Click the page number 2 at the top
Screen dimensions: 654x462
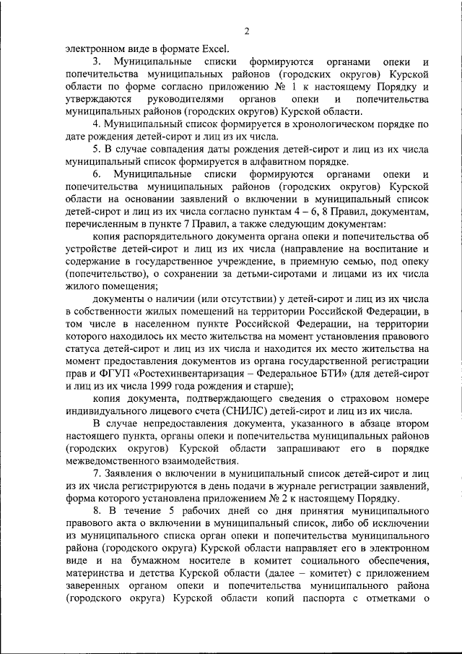click(246, 30)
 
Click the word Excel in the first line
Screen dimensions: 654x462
click(213, 49)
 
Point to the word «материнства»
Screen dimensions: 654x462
click(94, 573)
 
